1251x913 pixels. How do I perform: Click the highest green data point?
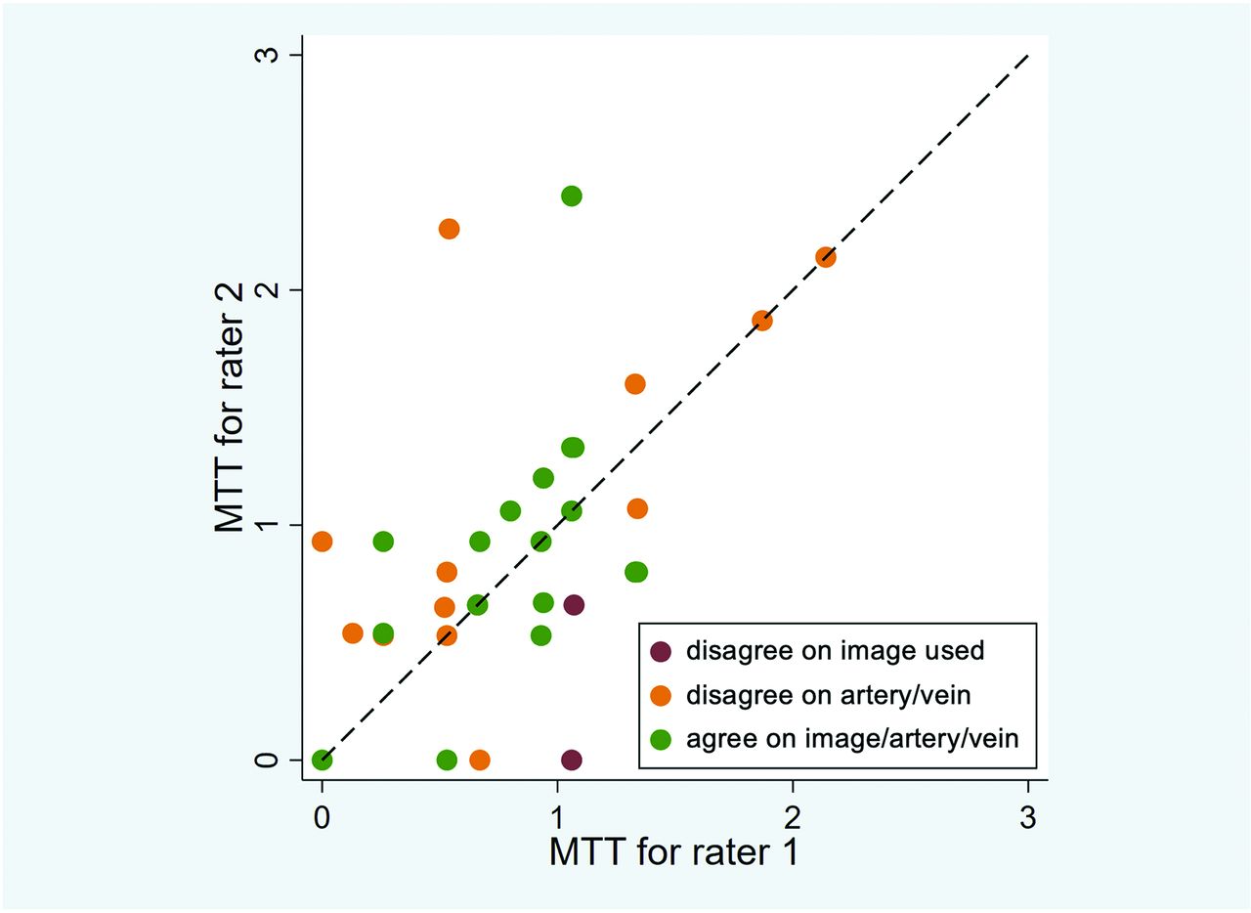(572, 196)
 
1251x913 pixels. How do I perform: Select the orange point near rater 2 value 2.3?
(449, 229)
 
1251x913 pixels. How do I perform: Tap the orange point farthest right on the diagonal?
(826, 257)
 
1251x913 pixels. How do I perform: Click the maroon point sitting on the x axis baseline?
(572, 760)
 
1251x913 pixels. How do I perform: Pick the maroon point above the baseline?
(574, 605)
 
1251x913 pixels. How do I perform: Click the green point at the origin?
(322, 760)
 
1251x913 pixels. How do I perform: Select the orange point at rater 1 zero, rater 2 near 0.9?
(322, 542)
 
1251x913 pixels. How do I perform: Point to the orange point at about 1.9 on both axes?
(762, 321)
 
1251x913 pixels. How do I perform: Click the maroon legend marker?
(662, 651)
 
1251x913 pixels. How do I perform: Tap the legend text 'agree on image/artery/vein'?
(852, 739)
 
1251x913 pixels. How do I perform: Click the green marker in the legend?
(662, 739)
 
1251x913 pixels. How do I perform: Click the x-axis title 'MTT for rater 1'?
(674, 851)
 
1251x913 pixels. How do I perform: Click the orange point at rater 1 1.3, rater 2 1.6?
(635, 384)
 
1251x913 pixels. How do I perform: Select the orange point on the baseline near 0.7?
(479, 760)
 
